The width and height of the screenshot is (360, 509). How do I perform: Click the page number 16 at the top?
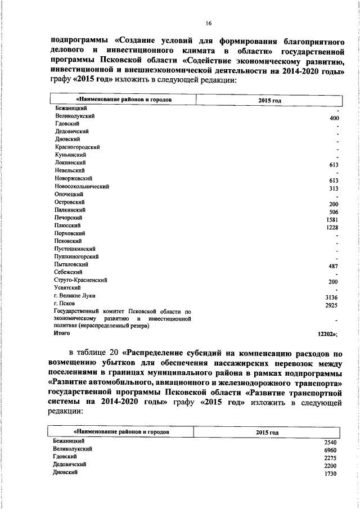coord(208,22)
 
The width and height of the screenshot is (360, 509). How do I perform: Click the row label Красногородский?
coord(77,146)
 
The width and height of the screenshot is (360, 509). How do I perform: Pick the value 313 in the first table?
coord(333,190)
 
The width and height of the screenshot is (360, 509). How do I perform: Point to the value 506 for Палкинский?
coord(333,213)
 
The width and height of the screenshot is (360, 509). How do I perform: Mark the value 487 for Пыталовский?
coord(333,267)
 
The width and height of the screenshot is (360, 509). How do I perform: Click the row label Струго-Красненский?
coord(80,280)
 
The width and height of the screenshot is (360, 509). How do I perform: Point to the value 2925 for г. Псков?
coord(331,306)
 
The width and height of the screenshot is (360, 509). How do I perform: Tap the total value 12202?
coord(327,334)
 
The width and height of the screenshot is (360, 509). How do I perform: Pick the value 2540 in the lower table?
coord(330,443)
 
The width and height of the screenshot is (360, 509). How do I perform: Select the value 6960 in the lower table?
coord(330,451)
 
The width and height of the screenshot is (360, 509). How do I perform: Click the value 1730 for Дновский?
coord(330,475)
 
